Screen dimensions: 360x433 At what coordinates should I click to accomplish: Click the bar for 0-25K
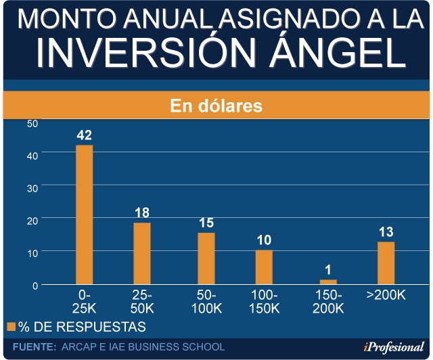click(x=84, y=215)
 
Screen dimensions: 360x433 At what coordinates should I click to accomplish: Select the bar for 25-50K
click(x=142, y=253)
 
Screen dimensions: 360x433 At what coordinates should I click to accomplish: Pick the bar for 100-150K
click(x=264, y=267)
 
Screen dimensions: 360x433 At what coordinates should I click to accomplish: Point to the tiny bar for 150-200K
click(x=328, y=282)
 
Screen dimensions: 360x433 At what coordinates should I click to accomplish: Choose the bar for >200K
click(x=386, y=263)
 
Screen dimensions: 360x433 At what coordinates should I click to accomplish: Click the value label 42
click(x=84, y=135)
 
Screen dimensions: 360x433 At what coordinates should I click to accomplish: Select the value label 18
click(x=142, y=212)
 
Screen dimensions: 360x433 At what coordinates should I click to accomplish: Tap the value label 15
click(x=206, y=223)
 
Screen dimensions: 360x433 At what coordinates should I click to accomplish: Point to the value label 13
click(x=386, y=232)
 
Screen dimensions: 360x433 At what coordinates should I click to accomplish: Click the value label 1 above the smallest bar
click(x=328, y=270)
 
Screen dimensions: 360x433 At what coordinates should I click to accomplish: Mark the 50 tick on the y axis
click(x=32, y=123)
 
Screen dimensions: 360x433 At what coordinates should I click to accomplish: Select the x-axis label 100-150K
click(x=264, y=302)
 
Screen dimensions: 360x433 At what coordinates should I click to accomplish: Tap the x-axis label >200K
click(x=386, y=296)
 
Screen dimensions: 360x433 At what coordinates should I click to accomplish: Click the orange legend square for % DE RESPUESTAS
click(x=12, y=327)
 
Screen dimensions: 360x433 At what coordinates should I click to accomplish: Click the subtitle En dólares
click(x=216, y=106)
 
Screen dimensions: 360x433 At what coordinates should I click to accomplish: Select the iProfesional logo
click(x=392, y=348)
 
